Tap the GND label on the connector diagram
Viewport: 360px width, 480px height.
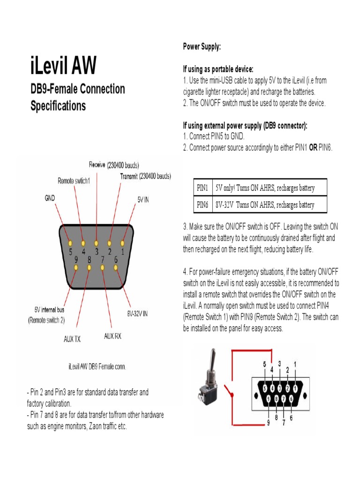pos(50,198)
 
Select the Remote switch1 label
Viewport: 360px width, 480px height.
pos(74,180)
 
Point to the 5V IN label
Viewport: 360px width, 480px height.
pos(143,199)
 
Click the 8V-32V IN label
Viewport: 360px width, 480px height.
pos(137,312)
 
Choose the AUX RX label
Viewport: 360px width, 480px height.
pos(112,336)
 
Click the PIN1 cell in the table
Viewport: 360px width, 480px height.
pos(202,188)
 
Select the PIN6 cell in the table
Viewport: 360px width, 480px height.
pos(202,205)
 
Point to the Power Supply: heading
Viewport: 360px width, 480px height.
pos(202,47)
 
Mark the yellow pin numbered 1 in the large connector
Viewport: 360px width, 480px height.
pos(122,244)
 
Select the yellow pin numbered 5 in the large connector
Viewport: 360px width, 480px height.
pos(70,244)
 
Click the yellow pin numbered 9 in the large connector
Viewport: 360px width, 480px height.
pos(76,267)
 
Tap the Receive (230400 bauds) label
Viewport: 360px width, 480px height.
pos(114,165)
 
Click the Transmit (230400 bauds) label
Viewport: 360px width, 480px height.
pos(145,177)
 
